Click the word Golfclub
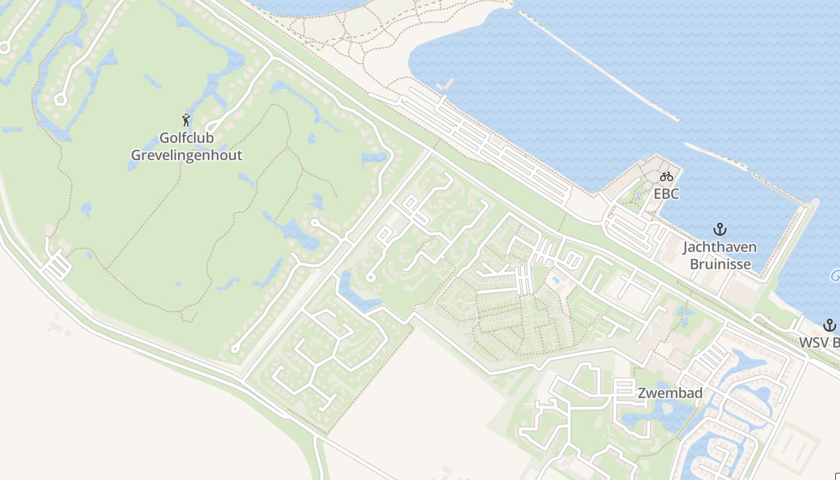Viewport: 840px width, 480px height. point(186,138)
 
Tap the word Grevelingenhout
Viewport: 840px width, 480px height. point(187,155)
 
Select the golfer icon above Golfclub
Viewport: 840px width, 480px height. point(186,120)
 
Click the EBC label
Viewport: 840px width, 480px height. point(666,194)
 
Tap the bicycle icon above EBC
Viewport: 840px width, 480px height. point(666,176)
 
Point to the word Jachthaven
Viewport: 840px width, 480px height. point(719,247)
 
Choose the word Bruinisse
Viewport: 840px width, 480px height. point(720,264)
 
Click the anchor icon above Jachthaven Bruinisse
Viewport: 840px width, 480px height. point(719,229)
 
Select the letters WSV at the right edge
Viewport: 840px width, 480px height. point(812,343)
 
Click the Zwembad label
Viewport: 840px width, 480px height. point(670,394)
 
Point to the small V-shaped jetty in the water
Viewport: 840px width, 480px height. point(445,85)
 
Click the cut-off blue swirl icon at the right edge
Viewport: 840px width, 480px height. point(835,276)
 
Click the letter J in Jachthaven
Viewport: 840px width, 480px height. point(686,247)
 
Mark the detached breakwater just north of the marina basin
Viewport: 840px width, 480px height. point(717,155)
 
